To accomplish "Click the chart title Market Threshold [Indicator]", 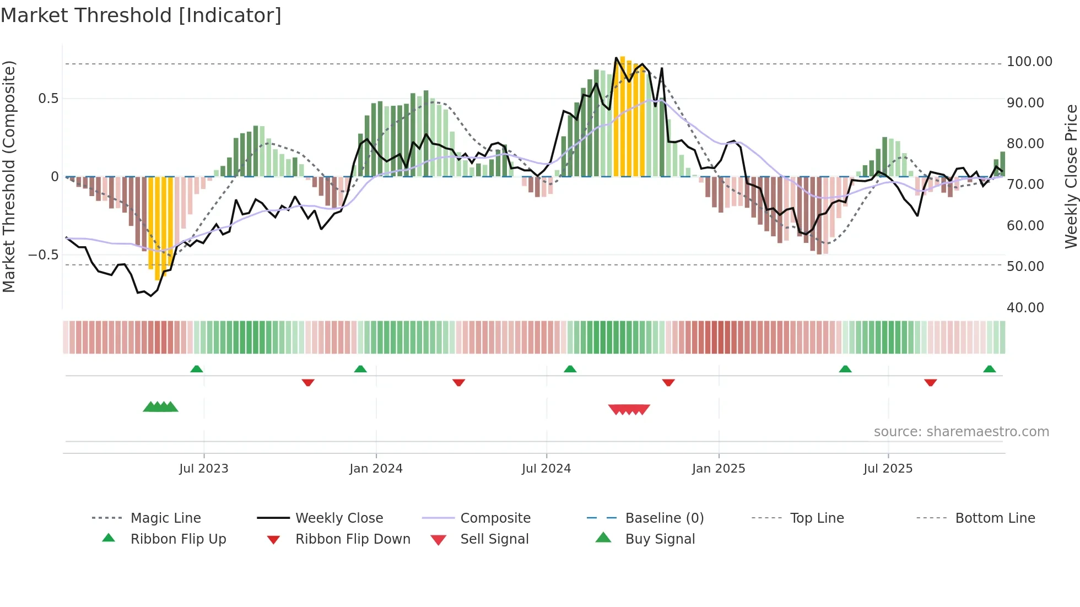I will pyautogui.click(x=141, y=15).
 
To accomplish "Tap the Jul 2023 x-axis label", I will pyautogui.click(x=203, y=469).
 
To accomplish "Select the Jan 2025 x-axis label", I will pyautogui.click(x=719, y=469).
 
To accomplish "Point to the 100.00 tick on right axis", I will pyautogui.click(x=1029, y=62).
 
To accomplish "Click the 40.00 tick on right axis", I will pyautogui.click(x=1025, y=308).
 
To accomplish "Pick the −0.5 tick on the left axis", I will pyautogui.click(x=43, y=255).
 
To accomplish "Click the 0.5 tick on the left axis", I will pyautogui.click(x=48, y=99).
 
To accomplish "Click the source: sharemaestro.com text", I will pyautogui.click(x=961, y=432).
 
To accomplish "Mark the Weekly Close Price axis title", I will pyautogui.click(x=1071, y=176).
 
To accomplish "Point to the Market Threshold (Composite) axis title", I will pyautogui.click(x=9, y=176).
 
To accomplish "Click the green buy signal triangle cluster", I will pyautogui.click(x=160, y=407).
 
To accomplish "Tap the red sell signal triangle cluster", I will pyautogui.click(x=629, y=409).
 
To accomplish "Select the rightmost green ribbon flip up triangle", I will pyautogui.click(x=989, y=369).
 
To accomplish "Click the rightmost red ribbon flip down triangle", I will pyautogui.click(x=930, y=383).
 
